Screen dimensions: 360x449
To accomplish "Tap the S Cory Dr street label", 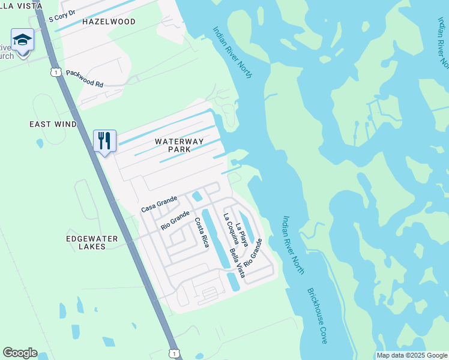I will coord(62,15).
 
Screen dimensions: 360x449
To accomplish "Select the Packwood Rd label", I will coord(85,79).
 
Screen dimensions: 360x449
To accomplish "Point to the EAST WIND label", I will coord(53,124).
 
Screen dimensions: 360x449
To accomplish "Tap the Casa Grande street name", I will coord(159,204).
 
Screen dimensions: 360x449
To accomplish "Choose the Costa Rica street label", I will coord(201,232).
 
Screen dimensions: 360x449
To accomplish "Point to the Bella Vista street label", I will coord(237,263).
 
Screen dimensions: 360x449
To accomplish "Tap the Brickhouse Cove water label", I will coord(318,316).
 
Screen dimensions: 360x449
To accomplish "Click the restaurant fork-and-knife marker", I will coord(105,141).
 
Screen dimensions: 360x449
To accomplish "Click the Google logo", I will coord(20,353).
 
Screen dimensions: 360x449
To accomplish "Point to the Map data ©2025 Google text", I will coord(411,355).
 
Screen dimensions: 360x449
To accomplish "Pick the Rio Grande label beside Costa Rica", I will coord(175,220).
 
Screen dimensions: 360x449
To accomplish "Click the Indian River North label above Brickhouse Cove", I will coord(294,245).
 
